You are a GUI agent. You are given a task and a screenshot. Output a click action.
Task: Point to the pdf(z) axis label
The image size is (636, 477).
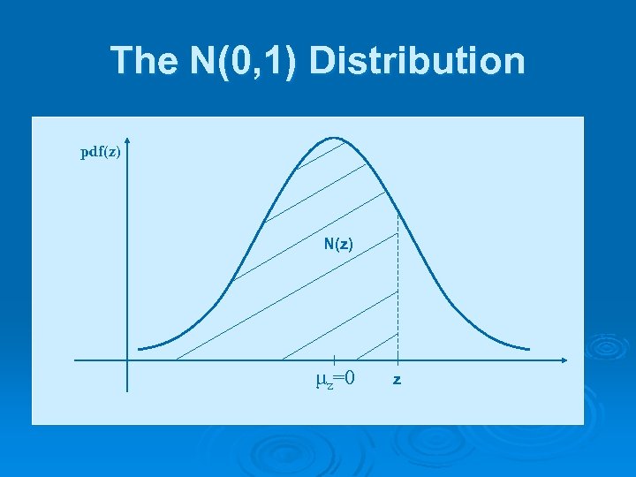101,152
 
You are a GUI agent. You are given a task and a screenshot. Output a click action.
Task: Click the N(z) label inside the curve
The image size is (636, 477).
338,244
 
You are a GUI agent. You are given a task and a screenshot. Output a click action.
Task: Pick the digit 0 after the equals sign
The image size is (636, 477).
351,378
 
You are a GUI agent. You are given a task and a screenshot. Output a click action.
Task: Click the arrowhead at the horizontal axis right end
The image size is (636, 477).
564,360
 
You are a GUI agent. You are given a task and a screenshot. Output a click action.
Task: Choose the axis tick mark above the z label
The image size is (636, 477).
397,360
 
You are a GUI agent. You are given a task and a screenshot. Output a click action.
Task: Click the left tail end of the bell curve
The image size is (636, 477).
140,348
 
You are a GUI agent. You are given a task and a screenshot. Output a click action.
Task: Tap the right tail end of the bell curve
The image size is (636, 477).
529,348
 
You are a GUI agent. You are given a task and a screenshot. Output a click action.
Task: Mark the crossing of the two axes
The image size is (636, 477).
127,360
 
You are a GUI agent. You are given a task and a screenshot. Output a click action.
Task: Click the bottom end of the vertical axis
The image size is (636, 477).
127,390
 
